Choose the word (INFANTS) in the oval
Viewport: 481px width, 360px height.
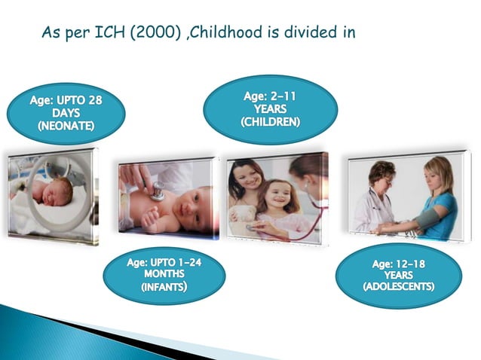pyautogui.click(x=165, y=287)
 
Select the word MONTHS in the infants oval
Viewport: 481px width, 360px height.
pyautogui.click(x=164, y=273)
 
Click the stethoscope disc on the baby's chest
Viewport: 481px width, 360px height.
pyautogui.click(x=157, y=194)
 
